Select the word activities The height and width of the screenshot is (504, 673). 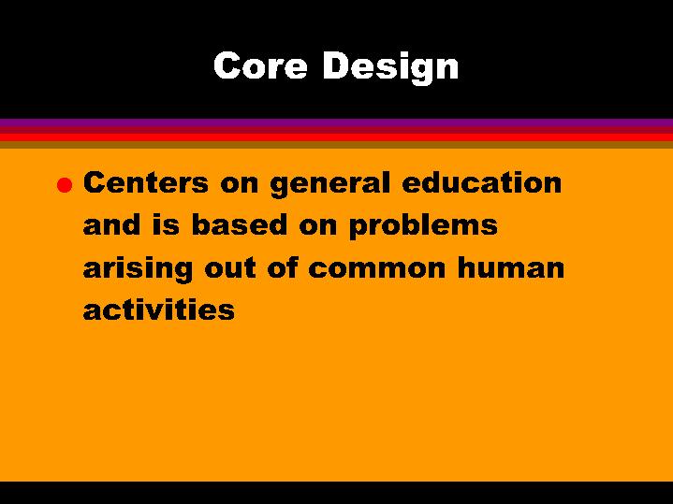click(x=158, y=310)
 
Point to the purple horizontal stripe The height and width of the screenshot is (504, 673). click(x=336, y=123)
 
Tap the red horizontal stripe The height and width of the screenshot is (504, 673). click(x=336, y=136)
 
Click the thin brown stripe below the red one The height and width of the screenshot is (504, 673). click(x=336, y=145)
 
